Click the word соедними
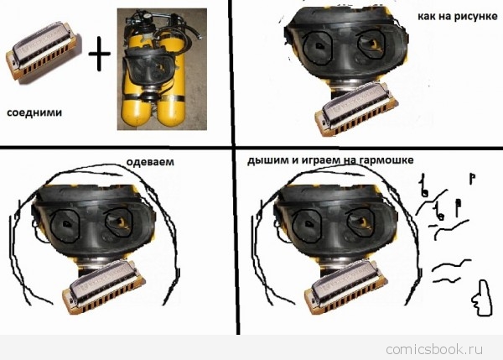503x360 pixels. point(34,112)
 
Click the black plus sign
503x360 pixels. point(100,54)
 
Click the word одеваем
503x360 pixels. point(150,161)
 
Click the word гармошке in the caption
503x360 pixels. point(386,160)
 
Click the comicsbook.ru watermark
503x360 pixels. point(434,349)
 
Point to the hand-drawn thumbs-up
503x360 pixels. point(482,298)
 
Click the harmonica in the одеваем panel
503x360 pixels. point(104,288)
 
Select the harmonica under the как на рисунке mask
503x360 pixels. point(356,109)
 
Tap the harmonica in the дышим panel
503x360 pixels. point(345,288)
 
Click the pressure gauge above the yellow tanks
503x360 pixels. point(147,15)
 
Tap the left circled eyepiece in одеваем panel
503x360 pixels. point(65,226)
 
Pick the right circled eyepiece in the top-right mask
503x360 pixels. point(371,45)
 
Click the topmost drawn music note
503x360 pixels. point(472,179)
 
